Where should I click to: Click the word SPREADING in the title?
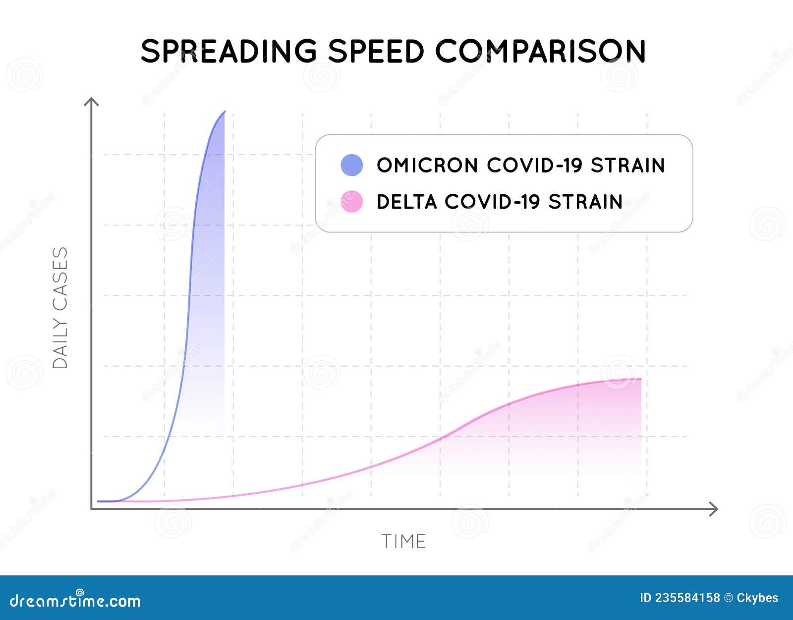pos(228,51)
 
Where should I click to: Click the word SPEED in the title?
pos(376,51)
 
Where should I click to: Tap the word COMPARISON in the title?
pos(541,51)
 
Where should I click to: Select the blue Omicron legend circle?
pos(352,165)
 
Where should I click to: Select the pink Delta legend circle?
pos(352,202)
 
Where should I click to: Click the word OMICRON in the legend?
pos(427,165)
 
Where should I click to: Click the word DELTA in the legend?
pos(406,202)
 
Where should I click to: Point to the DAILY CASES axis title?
pos(60,308)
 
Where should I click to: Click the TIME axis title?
pos(403,541)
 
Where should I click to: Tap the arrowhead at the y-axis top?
pos(91,102)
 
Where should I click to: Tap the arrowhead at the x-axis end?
pos(714,509)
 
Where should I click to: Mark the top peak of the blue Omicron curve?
pos(225,112)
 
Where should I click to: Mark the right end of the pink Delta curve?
pos(641,379)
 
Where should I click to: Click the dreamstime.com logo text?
pos(75,600)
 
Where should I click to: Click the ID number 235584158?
pos(687,598)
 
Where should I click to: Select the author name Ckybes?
pos(757,598)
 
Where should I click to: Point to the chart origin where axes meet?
pos(92,508)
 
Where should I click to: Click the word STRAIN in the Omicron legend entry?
pos(627,165)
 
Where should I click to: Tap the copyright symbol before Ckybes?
pos(728,598)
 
